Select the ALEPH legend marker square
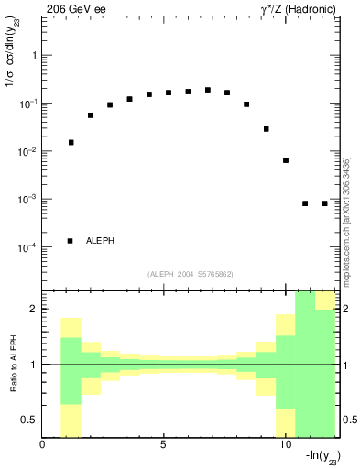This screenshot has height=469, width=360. tap(70, 241)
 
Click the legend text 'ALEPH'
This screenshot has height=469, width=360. tap(100, 241)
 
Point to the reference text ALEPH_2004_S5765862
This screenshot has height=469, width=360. tap(190, 274)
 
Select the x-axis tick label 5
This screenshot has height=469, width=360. tap(164, 445)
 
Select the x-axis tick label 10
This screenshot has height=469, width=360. tap(284, 445)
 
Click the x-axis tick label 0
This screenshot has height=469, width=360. tap(43, 445)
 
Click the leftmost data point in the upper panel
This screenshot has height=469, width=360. tap(71, 142)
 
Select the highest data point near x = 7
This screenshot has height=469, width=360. tap(208, 90)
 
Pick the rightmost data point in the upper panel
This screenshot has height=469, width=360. tap(324, 203)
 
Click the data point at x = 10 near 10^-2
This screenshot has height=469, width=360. tap(286, 160)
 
